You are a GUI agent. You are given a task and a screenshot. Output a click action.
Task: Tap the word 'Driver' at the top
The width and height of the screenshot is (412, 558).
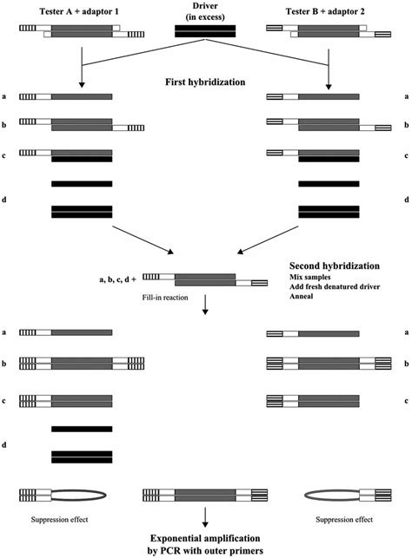pyautogui.click(x=205, y=6)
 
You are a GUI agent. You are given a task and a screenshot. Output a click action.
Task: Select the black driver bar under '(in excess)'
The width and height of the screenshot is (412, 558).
pyautogui.click(x=205, y=31)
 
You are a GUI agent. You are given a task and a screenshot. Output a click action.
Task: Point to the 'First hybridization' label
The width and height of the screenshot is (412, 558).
pyautogui.click(x=206, y=82)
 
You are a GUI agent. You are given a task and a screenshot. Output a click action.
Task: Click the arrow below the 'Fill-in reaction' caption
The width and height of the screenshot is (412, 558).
pyautogui.click(x=205, y=306)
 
